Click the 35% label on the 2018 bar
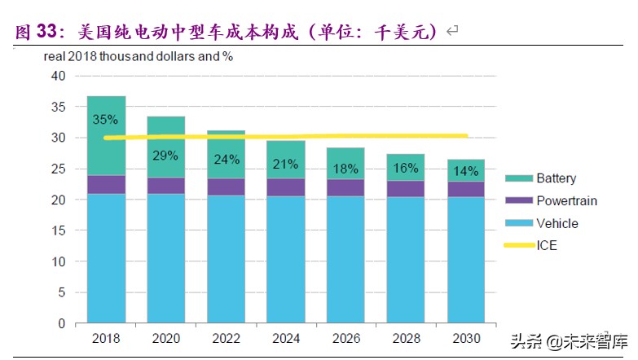click(x=106, y=120)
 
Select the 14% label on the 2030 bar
click(x=467, y=172)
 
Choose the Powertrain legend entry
click(x=564, y=200)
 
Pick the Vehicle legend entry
click(x=557, y=222)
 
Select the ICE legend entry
click(x=547, y=244)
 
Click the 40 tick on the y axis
click(x=57, y=76)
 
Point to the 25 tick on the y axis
click(x=57, y=169)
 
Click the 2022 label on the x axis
click(x=227, y=338)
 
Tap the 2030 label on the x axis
click(x=467, y=338)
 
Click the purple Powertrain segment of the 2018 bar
click(x=106, y=185)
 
